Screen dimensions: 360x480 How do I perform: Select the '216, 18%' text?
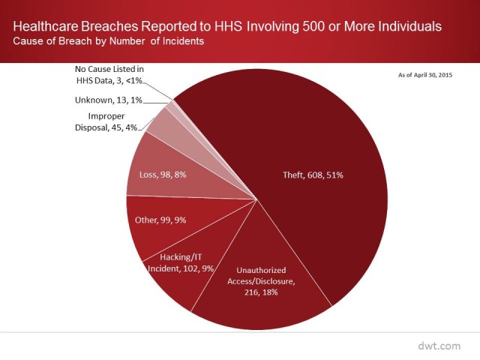261,292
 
